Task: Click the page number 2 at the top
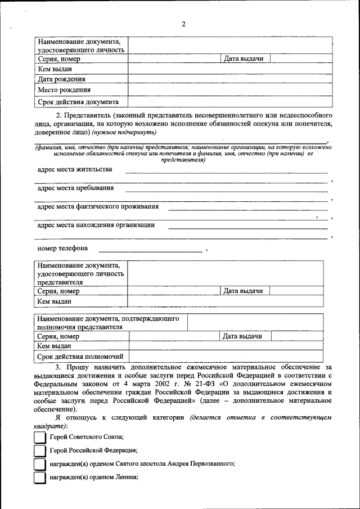coord(183,24)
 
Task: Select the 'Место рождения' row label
coord(64,90)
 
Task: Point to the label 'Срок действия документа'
coord(78,102)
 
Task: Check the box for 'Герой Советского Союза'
coord(39,437)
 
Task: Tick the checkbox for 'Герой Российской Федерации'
coord(39,451)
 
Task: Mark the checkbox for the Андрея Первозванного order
coord(39,464)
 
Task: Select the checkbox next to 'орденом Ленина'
coord(39,478)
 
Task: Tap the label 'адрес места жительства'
coord(74,169)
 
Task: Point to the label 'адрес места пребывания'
coord(75,188)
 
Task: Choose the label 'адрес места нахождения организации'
coord(96,225)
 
